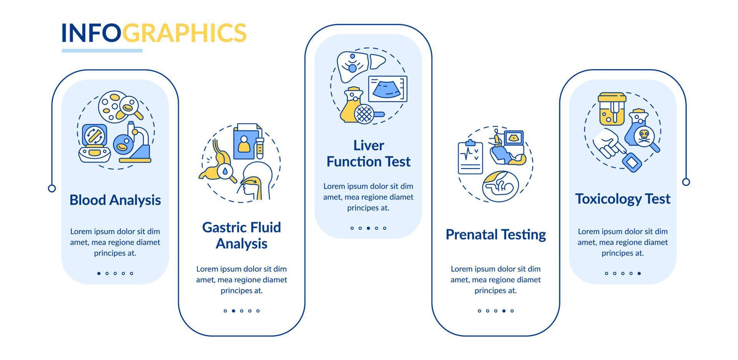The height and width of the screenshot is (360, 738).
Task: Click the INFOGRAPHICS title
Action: pyautogui.click(x=154, y=33)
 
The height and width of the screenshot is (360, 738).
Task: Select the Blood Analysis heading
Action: pyautogui.click(x=115, y=200)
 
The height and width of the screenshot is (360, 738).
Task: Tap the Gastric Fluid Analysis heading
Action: pyautogui.click(x=241, y=235)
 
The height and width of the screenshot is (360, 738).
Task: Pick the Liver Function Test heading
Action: pyautogui.click(x=368, y=153)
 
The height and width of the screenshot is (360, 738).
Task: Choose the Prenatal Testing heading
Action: pyautogui.click(x=495, y=234)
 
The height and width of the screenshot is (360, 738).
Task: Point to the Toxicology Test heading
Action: pyautogui.click(x=622, y=199)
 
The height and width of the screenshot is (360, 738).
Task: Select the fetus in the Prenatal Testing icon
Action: pyautogui.click(x=500, y=186)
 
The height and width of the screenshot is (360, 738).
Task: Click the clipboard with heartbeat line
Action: pyautogui.click(x=470, y=158)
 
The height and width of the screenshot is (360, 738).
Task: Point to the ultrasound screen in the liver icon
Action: pyautogui.click(x=387, y=89)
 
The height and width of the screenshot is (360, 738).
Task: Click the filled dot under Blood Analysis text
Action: pyautogui.click(x=99, y=274)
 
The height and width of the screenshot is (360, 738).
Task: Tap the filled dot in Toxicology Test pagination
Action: pyautogui.click(x=639, y=274)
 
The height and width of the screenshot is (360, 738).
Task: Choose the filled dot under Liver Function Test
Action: pyautogui.click(x=368, y=228)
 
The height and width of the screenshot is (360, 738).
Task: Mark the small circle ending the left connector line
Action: pyautogui.click(x=52, y=188)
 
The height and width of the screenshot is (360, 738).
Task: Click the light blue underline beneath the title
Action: pyautogui.click(x=102, y=51)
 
